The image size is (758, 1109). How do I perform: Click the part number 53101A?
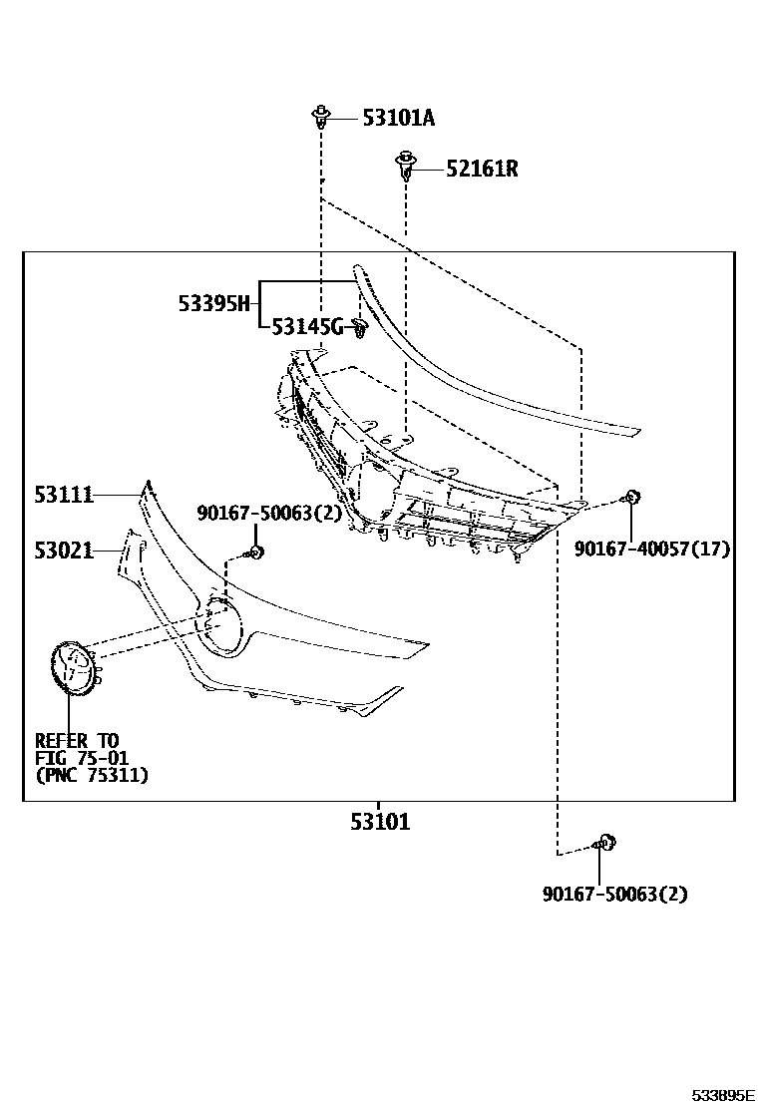click(398, 119)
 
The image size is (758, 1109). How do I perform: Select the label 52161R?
click(482, 169)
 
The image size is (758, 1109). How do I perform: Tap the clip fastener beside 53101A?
click(320, 118)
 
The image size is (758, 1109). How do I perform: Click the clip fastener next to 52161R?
click(405, 166)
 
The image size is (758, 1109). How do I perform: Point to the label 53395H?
click(213, 303)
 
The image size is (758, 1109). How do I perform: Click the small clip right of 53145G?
click(361, 329)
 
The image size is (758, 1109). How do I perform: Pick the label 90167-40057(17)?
click(652, 549)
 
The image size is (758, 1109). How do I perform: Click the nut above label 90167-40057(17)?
click(630, 498)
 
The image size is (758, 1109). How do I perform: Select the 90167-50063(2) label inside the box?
click(269, 513)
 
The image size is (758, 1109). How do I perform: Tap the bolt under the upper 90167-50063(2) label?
click(254, 553)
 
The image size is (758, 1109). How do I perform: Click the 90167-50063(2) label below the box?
click(614, 894)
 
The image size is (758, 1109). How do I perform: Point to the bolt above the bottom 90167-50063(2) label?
click(605, 844)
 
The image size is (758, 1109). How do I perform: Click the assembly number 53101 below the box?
click(379, 823)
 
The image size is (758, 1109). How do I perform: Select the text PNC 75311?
click(92, 775)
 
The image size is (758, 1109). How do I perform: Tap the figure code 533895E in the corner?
click(724, 1095)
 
